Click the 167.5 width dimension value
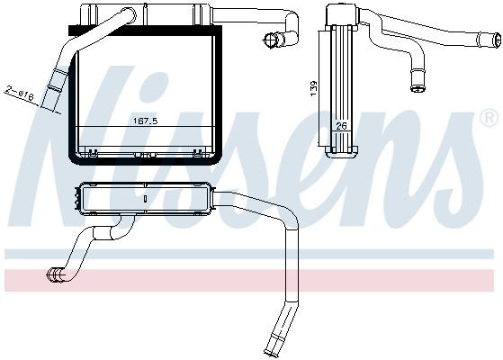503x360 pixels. click(x=146, y=121)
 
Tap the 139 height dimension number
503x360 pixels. click(x=314, y=88)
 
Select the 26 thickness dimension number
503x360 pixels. click(x=341, y=126)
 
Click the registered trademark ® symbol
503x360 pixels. click(x=489, y=118)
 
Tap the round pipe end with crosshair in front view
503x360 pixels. click(x=270, y=40)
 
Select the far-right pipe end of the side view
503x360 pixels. click(x=498, y=40)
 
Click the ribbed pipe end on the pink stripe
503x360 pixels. click(x=55, y=276)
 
